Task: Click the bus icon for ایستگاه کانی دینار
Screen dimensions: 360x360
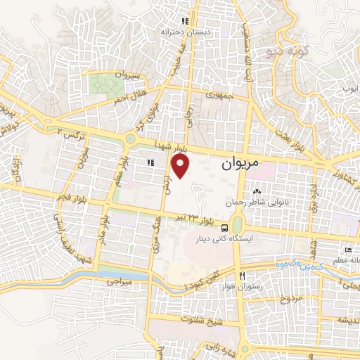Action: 224,228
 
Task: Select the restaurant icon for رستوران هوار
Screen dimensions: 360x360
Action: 243,275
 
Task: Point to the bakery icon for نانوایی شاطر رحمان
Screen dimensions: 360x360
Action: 256,191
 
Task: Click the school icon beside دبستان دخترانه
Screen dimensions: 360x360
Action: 185,22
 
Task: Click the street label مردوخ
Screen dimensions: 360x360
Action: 289,299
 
